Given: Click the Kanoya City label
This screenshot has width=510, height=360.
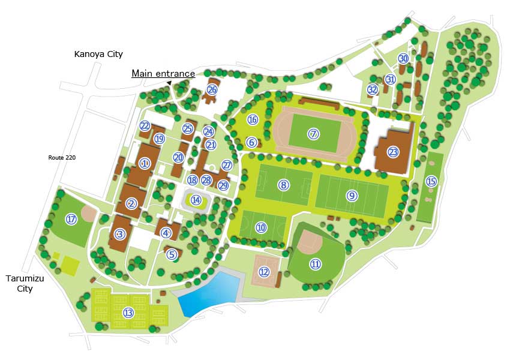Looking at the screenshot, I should coord(98,55).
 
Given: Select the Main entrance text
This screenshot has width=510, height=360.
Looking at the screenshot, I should coord(163,73).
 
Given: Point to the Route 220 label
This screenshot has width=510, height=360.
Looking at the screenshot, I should coord(62,158).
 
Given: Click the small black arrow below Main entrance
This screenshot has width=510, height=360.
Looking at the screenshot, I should coord(169,83).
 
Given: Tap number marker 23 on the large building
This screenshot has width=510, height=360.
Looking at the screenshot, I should coord(393,152).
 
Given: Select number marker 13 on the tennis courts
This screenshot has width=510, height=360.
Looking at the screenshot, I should coord(128,312).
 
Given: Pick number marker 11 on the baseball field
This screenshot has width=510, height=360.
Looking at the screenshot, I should coord(316,263).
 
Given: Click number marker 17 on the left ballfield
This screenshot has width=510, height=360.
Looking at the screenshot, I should coord(72,220).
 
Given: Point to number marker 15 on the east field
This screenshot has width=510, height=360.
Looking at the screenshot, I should coord(431,181).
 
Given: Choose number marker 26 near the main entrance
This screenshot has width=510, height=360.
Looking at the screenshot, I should coord(212,90).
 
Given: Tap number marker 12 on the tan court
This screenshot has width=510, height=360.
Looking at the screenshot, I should coord(265,272).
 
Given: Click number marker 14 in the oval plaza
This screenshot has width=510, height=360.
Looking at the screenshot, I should coord(196,200).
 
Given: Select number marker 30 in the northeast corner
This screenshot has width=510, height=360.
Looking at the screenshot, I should coord(403,58).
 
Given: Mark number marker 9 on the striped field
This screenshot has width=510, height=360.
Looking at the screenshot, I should coord(352,195).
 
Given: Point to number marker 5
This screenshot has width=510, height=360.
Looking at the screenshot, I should coord(172,254).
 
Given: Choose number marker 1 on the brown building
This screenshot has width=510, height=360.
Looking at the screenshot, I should coord(144,163).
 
